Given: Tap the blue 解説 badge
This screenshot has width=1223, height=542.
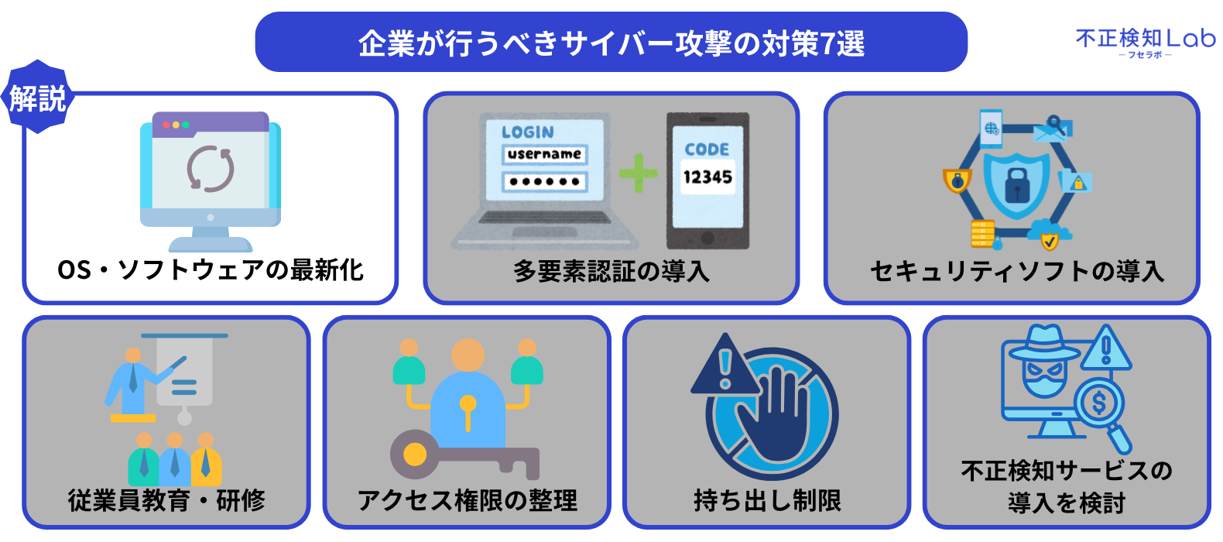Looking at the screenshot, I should coord(37,98).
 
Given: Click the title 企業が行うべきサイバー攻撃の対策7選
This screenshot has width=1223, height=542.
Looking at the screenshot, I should coord(611,43).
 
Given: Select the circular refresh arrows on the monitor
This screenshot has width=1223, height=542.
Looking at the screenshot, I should coord(211,168).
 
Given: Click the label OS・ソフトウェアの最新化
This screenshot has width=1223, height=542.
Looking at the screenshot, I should coord(211,270).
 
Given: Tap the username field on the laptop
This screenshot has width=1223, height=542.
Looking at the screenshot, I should coord(544,154).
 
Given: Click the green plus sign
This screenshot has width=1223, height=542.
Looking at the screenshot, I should coord(638,173).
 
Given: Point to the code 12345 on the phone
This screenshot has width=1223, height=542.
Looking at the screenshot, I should coord(707,177).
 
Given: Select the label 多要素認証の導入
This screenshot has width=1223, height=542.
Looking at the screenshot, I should coord(611,271).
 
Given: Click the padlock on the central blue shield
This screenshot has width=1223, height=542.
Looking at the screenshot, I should coord(1016,184).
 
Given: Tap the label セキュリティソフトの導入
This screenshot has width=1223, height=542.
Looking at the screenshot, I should coord(1016,271).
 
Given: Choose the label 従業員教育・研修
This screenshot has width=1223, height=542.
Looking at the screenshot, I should coord(166,500).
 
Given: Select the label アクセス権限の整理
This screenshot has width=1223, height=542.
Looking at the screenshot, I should coord(467,500).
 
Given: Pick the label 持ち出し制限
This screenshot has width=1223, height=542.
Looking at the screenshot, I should coord(767,500).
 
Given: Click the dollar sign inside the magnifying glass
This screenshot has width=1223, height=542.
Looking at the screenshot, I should coord(1098,403).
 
